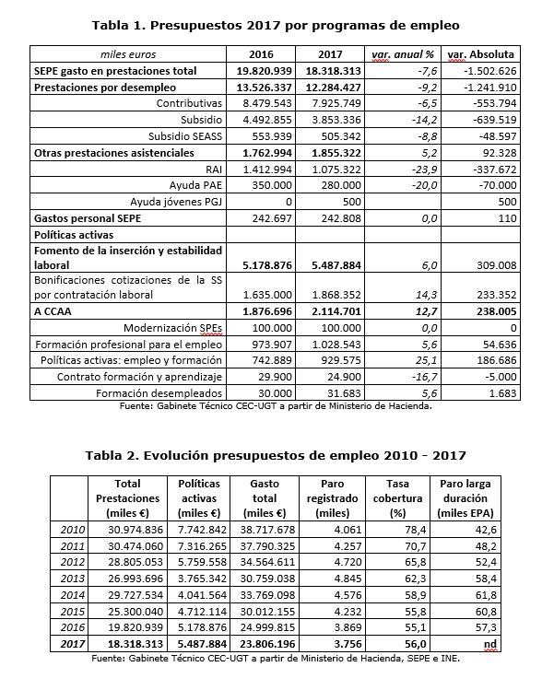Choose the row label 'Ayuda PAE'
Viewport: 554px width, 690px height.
click(192, 185)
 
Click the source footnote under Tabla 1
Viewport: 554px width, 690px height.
click(277, 405)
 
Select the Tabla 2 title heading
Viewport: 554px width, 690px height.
click(276, 455)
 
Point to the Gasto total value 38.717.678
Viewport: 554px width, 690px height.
click(259, 530)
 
